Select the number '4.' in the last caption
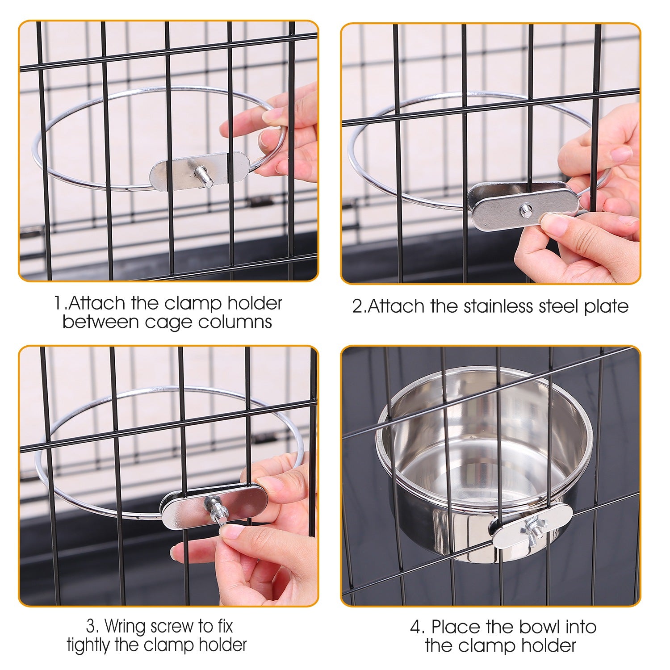(418, 627)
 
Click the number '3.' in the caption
(92, 627)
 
